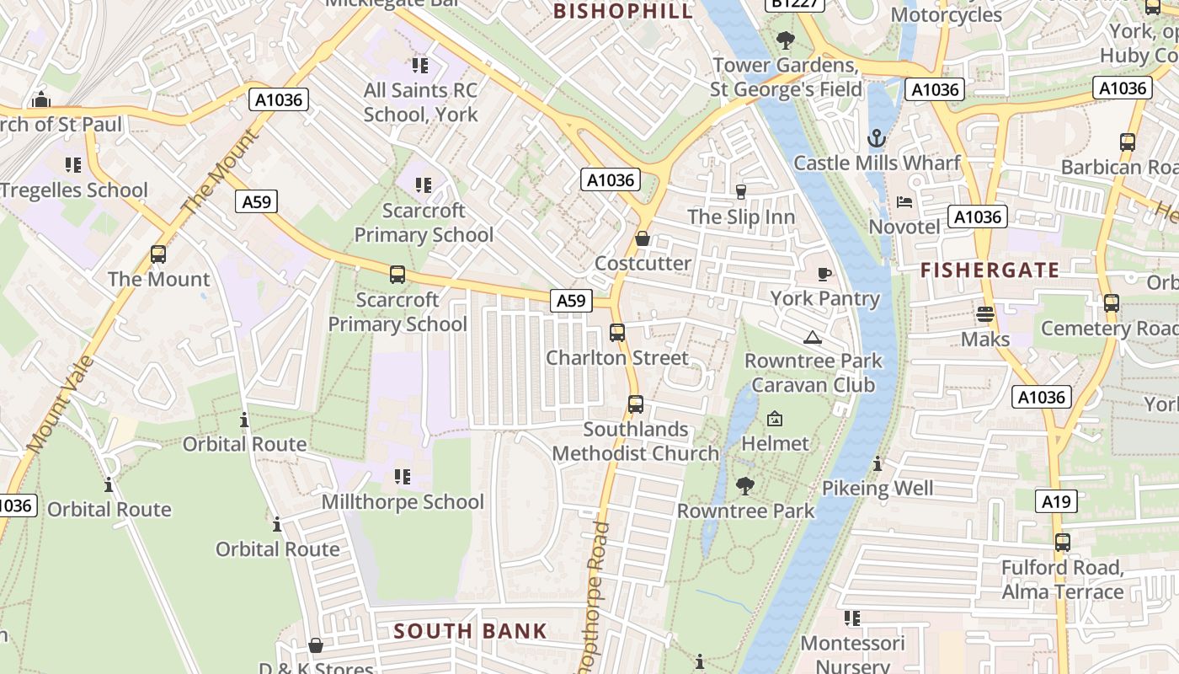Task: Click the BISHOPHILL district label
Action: (x=623, y=11)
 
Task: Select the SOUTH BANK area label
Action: (x=470, y=631)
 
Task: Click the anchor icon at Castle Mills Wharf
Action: (x=877, y=138)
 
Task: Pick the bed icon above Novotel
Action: (x=904, y=202)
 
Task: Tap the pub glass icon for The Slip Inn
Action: (x=741, y=192)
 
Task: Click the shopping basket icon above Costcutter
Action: (x=643, y=239)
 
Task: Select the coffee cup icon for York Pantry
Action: (x=824, y=274)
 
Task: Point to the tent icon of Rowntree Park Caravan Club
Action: (x=813, y=338)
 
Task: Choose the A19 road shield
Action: (x=1056, y=502)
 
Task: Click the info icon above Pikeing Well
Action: (x=878, y=464)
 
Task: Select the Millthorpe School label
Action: (x=403, y=502)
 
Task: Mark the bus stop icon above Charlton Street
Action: (x=617, y=333)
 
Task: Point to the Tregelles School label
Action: (x=74, y=190)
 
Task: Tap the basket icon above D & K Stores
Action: (x=316, y=645)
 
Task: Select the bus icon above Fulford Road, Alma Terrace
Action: (x=1063, y=543)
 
